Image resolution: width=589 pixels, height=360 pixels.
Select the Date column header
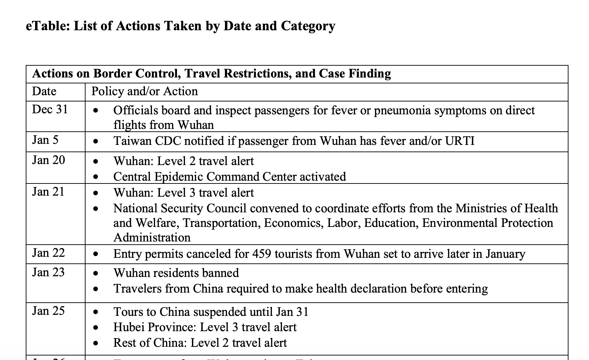coord(44,91)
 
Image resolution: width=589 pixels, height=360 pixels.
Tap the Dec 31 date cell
coord(50,109)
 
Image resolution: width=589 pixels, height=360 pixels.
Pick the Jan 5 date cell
coord(46,140)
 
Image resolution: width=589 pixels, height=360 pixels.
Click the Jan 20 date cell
coord(49,160)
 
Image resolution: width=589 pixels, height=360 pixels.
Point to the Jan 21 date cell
coord(48,192)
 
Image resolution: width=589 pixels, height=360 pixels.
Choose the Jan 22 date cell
coord(48,253)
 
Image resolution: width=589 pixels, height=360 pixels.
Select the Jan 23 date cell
coord(48,272)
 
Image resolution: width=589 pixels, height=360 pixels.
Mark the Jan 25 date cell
coord(48,311)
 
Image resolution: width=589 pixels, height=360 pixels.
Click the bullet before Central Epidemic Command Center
coord(96,177)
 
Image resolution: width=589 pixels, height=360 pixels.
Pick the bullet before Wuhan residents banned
coord(96,273)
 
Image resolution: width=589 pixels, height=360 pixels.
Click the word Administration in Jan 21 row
coord(152,238)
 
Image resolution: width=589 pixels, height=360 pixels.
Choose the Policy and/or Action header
coord(145,91)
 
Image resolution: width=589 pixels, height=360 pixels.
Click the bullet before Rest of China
coord(96,343)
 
